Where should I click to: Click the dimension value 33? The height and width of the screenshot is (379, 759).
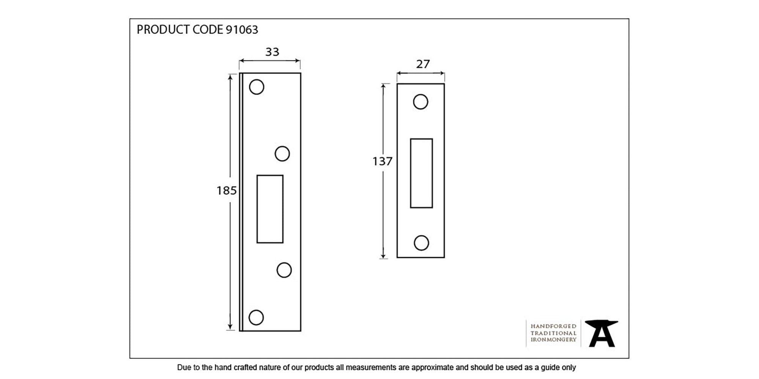272,52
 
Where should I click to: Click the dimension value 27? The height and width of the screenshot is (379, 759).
423,64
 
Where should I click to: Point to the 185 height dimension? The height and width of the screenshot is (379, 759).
227,190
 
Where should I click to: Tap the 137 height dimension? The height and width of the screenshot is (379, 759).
382,161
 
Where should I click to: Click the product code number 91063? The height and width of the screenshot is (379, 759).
242,30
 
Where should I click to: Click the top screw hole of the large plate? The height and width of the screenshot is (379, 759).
257,87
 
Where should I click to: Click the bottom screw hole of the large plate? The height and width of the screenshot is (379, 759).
256,318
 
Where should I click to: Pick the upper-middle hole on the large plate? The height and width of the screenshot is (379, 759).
282,153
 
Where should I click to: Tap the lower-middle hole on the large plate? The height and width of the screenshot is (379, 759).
284,270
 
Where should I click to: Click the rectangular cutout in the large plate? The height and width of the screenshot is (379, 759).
270,209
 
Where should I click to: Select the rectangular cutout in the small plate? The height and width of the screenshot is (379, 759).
421,173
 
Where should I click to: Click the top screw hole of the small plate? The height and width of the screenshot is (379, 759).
420,102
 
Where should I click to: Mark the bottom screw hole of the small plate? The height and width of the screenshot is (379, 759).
421,243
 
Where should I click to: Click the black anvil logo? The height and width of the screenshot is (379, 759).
602,333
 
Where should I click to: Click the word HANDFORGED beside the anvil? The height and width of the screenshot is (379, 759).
553,326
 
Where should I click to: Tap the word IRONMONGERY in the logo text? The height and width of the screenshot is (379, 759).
553,340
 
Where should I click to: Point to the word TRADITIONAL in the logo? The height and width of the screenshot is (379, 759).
553,333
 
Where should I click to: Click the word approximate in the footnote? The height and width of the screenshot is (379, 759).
433,368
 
